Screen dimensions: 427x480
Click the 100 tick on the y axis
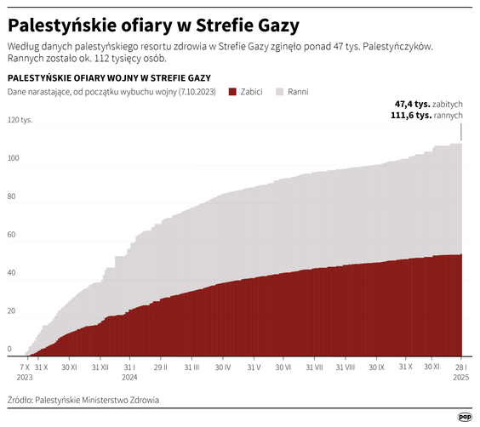tap(13, 158)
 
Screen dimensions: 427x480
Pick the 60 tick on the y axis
tap(12, 235)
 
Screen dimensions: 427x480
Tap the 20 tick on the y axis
tap(12, 311)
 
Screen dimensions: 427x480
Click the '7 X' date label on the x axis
tap(25, 367)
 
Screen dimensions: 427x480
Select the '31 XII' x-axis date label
tap(99, 367)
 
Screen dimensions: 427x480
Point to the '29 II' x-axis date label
tap(160, 367)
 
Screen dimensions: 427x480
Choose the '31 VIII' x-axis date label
tap(345, 367)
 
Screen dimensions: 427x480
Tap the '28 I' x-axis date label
tap(460, 367)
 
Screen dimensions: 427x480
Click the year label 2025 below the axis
tap(460, 377)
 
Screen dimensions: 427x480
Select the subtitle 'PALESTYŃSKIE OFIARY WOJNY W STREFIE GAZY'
tap(109, 77)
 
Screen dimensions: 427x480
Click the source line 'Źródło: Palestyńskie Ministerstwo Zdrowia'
tap(83, 399)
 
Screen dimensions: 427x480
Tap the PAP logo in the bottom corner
tap(464, 416)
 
